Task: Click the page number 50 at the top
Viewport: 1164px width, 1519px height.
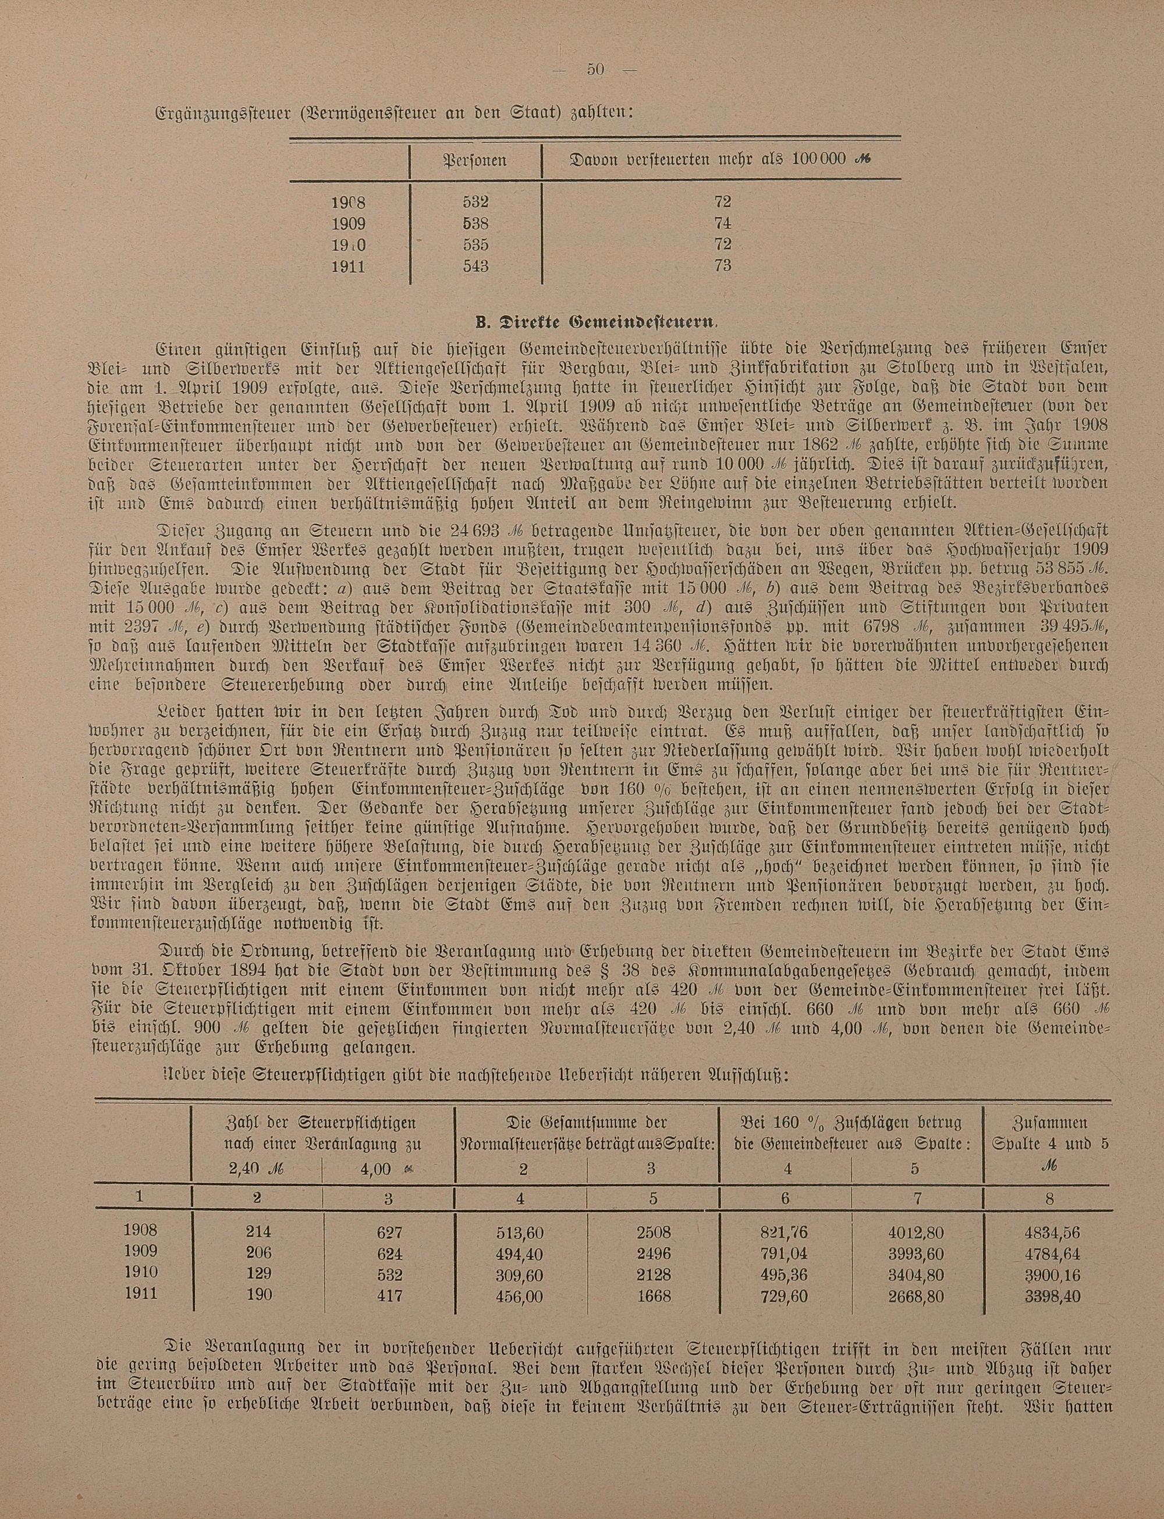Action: (596, 70)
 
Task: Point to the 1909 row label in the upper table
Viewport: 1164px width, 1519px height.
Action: (349, 223)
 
